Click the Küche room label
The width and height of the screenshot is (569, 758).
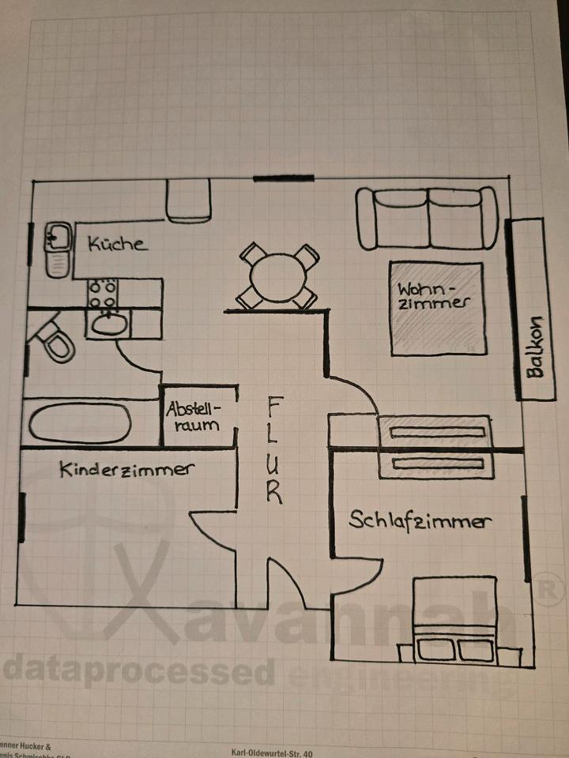[x=117, y=243]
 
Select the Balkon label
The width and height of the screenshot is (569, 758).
[x=535, y=348]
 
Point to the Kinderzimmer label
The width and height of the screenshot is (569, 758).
[x=126, y=470]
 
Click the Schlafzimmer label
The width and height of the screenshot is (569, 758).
[x=420, y=521]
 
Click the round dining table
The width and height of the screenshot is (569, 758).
[x=277, y=277]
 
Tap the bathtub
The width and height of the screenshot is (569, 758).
[x=80, y=423]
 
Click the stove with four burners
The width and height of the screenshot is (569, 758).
[x=104, y=294]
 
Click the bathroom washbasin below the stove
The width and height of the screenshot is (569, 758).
[x=109, y=324]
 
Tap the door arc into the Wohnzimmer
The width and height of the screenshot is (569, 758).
[x=357, y=391]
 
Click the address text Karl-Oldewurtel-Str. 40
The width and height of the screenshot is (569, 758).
[x=272, y=753]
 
